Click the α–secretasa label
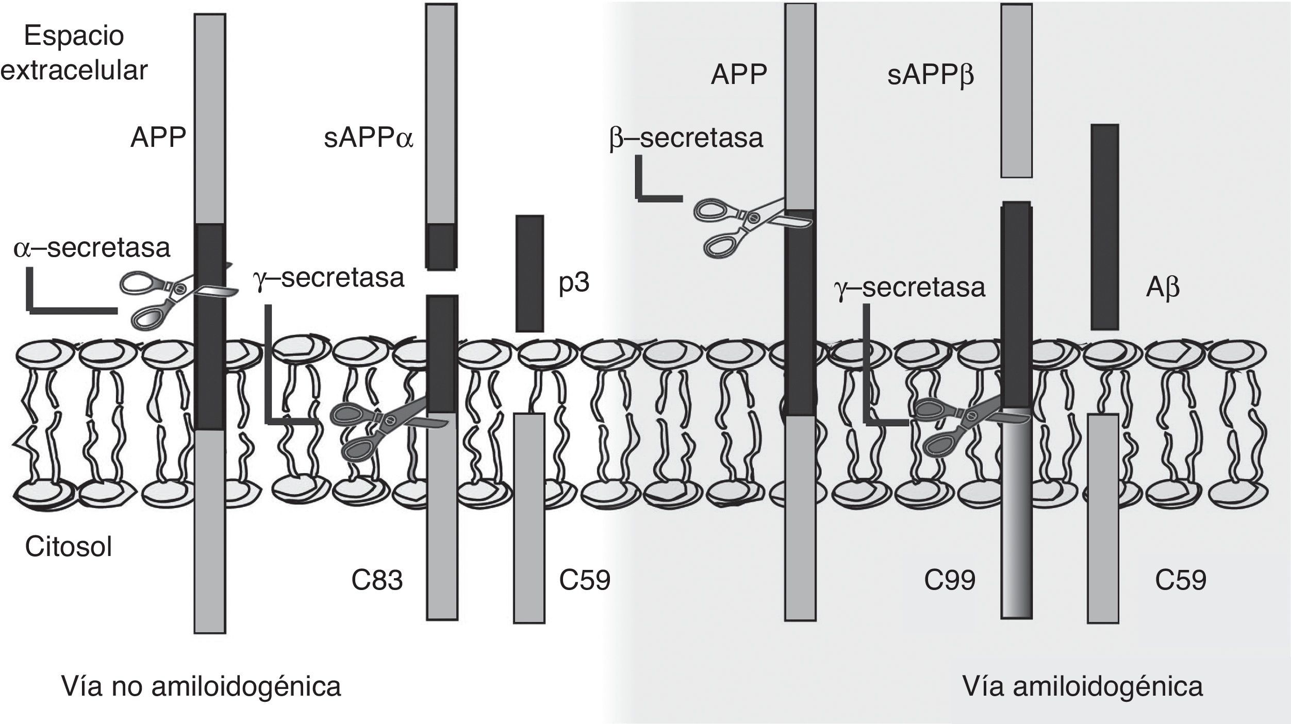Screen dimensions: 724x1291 pyautogui.click(x=92, y=248)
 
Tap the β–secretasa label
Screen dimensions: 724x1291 pyautogui.click(x=686, y=138)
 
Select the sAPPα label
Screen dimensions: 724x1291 pyautogui.click(x=369, y=139)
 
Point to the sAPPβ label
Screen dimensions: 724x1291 pyautogui.click(x=931, y=76)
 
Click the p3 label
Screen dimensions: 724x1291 pyautogui.click(x=574, y=283)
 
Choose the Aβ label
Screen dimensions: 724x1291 pyautogui.click(x=1163, y=289)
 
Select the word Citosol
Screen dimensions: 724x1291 pyautogui.click(x=69, y=547)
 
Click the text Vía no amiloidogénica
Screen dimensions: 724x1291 pyautogui.click(x=201, y=686)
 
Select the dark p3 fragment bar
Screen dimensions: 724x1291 pyautogui.click(x=529, y=273)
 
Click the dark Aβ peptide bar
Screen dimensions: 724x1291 pyautogui.click(x=1105, y=227)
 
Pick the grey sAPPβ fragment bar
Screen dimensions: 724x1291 pyautogui.click(x=1016, y=90)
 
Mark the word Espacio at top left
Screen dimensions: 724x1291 pyautogui.click(x=74, y=36)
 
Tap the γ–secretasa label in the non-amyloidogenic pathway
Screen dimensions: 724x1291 pyautogui.click(x=329, y=278)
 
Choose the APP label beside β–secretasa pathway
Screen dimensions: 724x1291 pyautogui.click(x=738, y=75)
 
